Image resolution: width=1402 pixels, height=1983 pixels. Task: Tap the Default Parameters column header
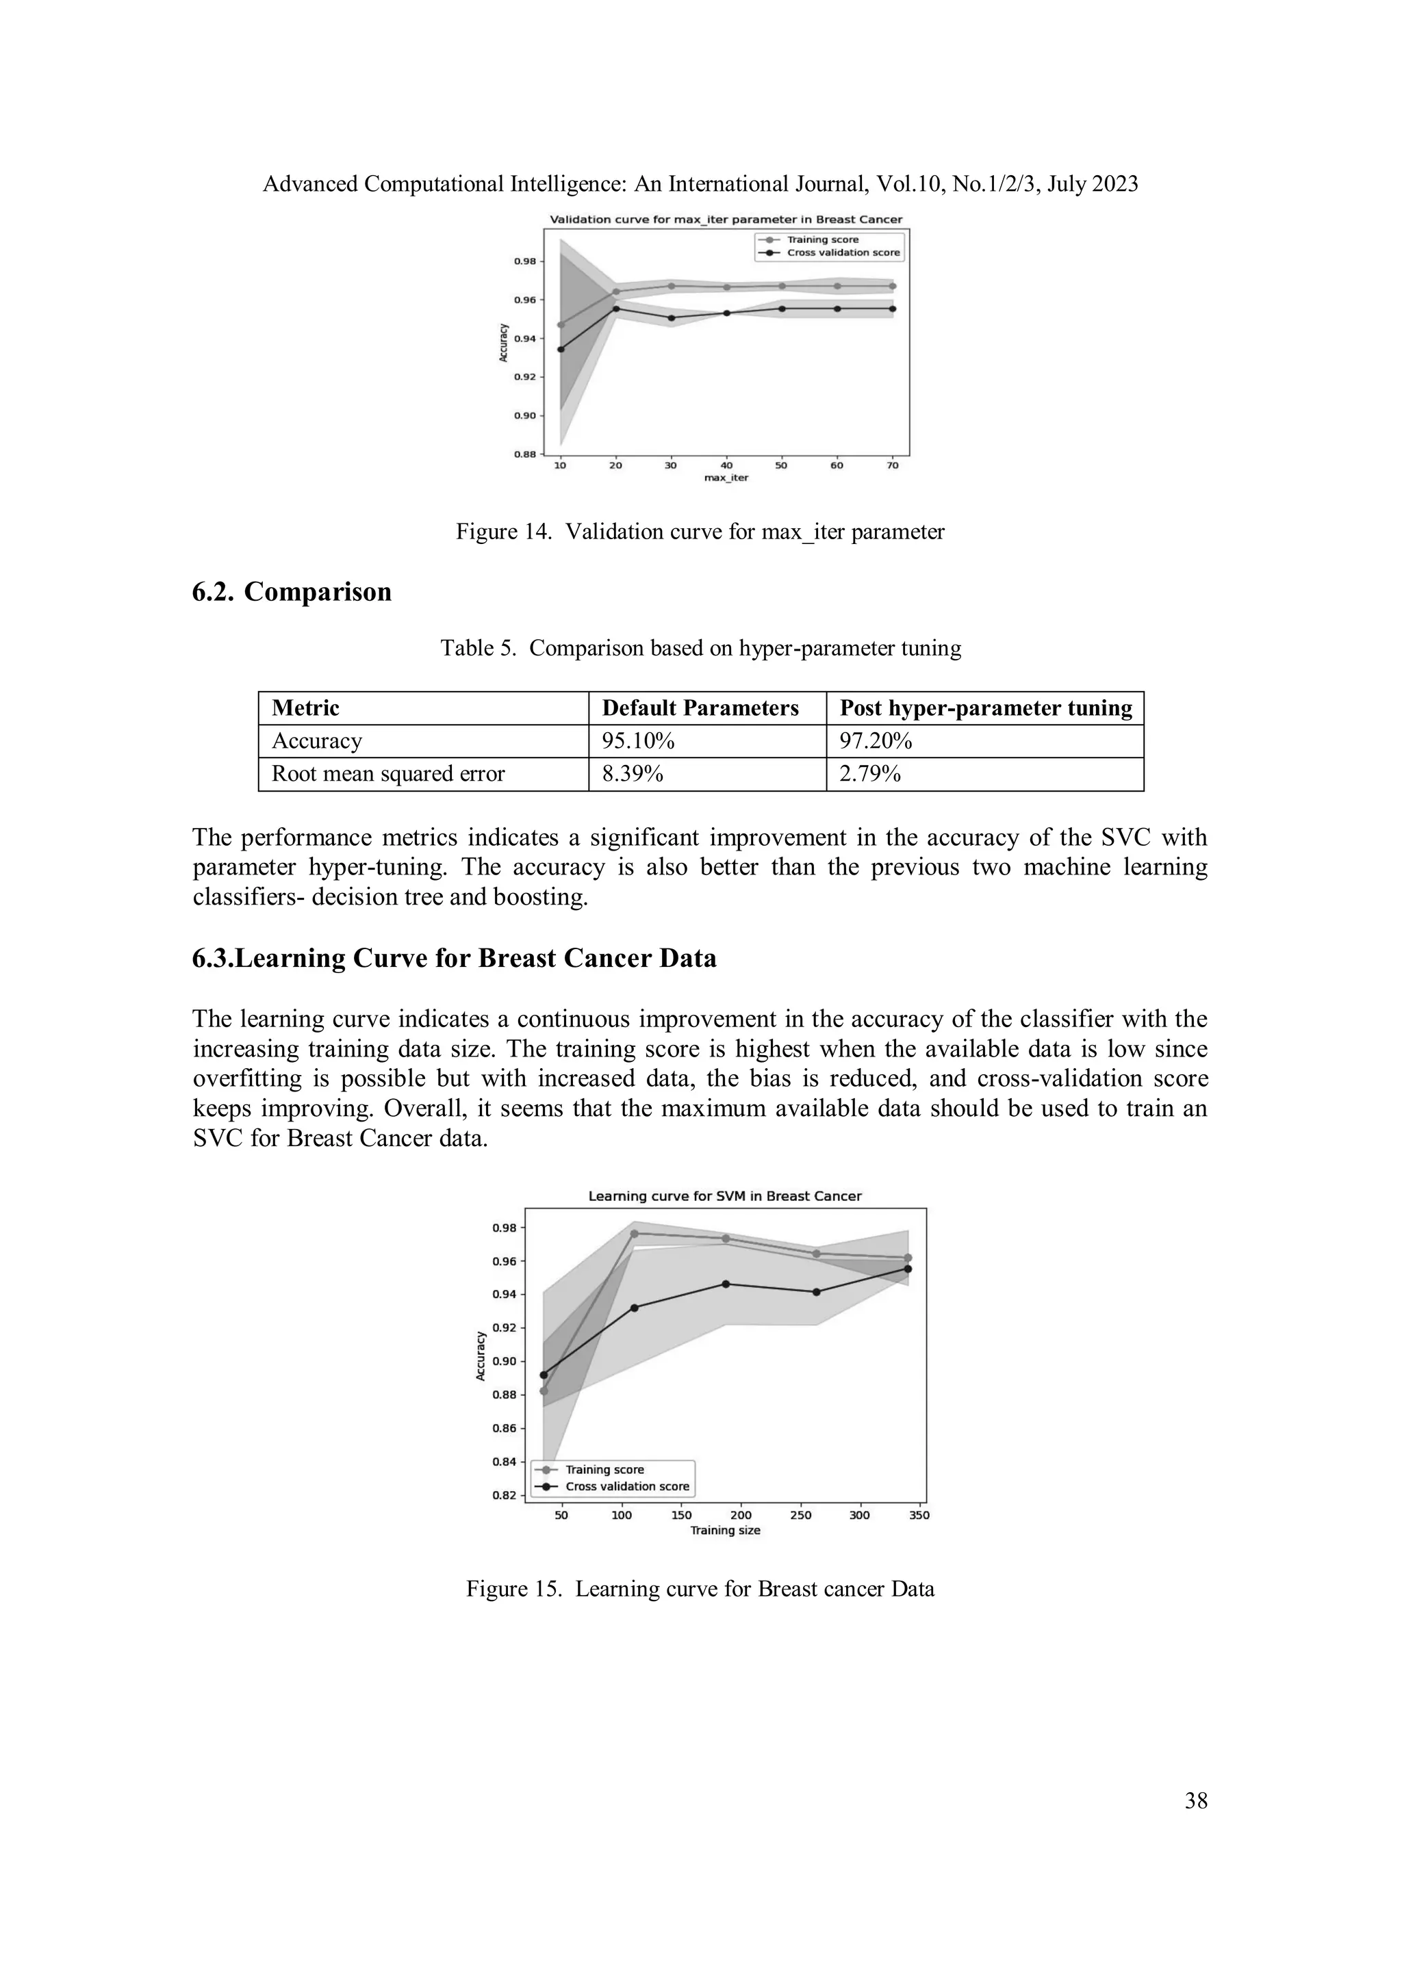(700, 708)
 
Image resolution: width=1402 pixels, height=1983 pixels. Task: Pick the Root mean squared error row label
(388, 774)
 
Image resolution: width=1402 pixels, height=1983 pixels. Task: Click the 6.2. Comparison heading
(292, 592)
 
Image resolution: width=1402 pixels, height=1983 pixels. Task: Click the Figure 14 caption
(700, 532)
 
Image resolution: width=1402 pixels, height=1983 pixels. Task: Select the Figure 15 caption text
(700, 1589)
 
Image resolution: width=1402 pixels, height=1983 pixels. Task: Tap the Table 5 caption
(700, 648)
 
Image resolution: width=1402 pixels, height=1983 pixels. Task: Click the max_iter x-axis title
(726, 478)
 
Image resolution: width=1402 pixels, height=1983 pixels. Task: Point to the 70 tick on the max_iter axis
(893, 465)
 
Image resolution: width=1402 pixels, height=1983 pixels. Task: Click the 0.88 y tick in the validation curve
(524, 454)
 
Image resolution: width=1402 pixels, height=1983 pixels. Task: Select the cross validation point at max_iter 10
(561, 349)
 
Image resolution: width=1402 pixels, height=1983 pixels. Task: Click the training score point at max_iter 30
(671, 285)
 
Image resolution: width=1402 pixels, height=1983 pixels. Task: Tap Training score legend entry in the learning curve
(604, 1469)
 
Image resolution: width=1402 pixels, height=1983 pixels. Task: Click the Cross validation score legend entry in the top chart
(842, 253)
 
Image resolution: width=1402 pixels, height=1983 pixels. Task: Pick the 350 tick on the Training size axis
(919, 1515)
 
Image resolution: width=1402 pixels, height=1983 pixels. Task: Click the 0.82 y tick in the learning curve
(505, 1495)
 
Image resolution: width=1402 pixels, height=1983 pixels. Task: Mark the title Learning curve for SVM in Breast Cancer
(725, 1196)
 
